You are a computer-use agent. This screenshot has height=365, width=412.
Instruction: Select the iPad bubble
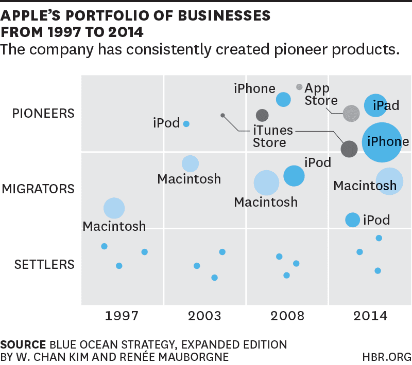tap(375, 105)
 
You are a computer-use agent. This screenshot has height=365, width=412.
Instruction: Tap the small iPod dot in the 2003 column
tap(186, 124)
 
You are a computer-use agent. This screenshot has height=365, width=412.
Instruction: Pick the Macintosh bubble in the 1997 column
tap(114, 208)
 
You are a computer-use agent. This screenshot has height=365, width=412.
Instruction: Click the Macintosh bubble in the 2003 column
tap(190, 163)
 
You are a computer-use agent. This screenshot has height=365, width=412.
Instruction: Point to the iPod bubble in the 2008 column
tap(294, 176)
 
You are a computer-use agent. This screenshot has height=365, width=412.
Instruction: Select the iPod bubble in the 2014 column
tap(352, 220)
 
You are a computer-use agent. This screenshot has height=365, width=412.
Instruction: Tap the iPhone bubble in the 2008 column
tap(283, 100)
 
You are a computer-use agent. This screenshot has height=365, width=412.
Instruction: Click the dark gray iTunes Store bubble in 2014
tap(349, 149)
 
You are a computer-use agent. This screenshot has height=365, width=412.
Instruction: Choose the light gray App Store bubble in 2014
tap(351, 113)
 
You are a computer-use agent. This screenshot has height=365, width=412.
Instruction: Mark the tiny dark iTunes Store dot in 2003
tap(222, 115)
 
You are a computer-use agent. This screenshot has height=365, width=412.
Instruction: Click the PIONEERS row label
tap(44, 113)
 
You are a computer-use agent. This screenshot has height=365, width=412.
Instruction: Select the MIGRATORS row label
tap(38, 189)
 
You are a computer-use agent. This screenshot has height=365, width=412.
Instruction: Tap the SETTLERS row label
tap(44, 265)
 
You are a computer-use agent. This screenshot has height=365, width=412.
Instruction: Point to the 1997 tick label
tap(122, 316)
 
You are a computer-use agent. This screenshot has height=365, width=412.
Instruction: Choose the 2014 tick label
tap(369, 316)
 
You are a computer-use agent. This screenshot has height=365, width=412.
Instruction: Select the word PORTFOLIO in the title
tap(102, 15)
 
